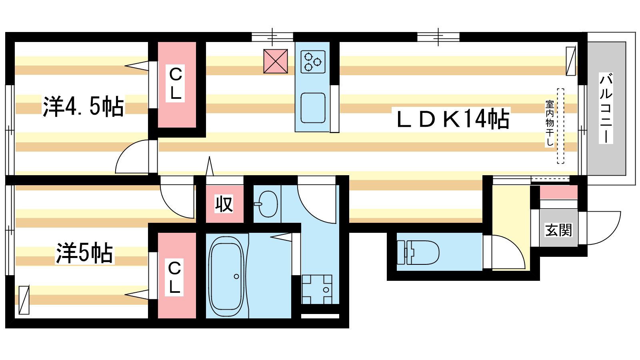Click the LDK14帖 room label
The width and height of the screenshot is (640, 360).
453,119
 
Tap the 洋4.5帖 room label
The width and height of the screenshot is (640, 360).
84,106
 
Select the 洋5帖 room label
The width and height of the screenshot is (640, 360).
84,253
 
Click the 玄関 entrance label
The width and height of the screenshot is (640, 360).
558,230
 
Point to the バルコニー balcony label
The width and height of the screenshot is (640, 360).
606,108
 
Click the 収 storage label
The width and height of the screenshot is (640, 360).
224,204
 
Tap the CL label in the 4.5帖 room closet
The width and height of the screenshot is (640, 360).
176,84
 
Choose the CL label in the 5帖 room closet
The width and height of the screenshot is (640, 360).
174,277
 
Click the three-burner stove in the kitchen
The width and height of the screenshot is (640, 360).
313,62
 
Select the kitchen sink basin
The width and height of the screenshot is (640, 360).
313,108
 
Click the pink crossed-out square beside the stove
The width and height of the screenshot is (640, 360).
276,61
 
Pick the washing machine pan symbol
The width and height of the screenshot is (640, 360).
317,290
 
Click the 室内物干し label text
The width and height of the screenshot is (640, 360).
550,123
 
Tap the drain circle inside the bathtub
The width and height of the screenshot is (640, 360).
236,276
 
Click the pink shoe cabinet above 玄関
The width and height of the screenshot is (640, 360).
558,192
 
